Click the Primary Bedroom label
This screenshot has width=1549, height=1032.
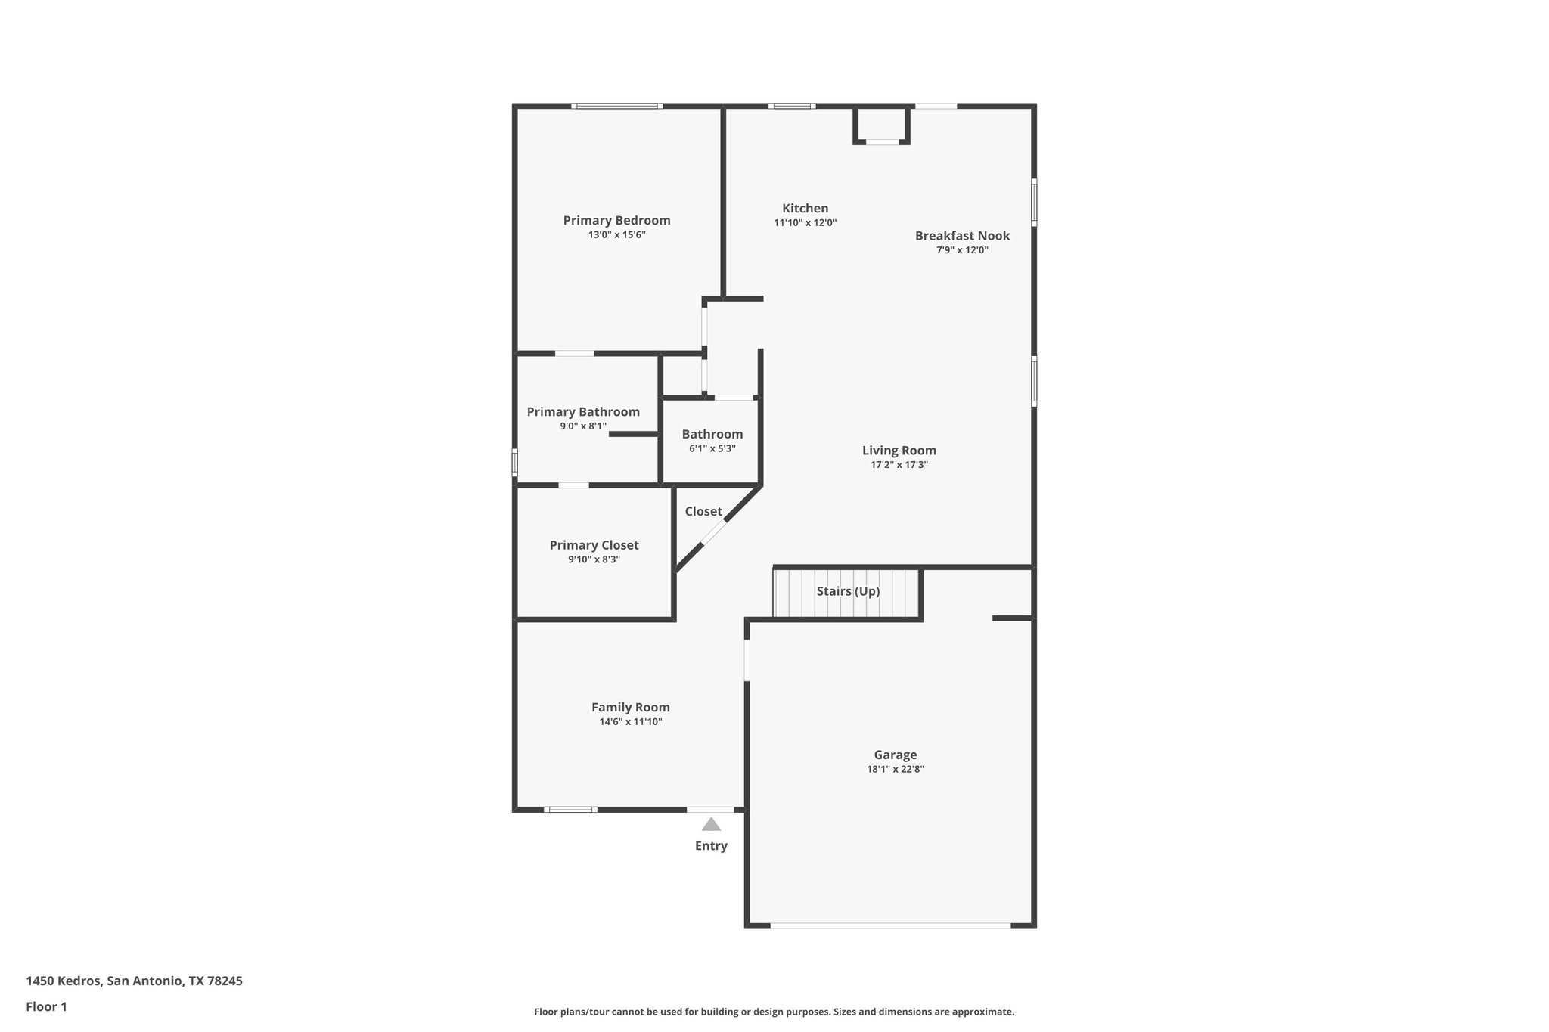616,221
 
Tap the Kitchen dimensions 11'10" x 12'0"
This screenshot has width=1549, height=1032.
805,223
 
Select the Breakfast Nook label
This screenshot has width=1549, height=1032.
962,236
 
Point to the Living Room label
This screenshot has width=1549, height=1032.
899,451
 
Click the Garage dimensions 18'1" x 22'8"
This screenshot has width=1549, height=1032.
895,770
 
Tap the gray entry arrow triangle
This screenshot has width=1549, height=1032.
711,824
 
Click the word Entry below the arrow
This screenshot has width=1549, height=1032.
711,846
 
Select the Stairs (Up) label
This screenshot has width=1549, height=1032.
848,591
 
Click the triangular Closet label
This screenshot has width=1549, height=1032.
703,512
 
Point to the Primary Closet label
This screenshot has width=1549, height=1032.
594,545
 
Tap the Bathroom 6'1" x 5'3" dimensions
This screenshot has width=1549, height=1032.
712,448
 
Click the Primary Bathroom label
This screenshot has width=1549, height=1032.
583,412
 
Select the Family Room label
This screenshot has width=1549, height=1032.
630,708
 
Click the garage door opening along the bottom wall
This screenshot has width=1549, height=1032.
890,925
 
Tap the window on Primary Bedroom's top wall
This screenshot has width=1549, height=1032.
617,107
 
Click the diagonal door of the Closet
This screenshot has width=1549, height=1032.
713,532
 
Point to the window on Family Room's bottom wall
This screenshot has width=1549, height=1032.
570,810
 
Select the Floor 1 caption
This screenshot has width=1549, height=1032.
46,1006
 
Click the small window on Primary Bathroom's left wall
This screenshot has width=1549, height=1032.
515,462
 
